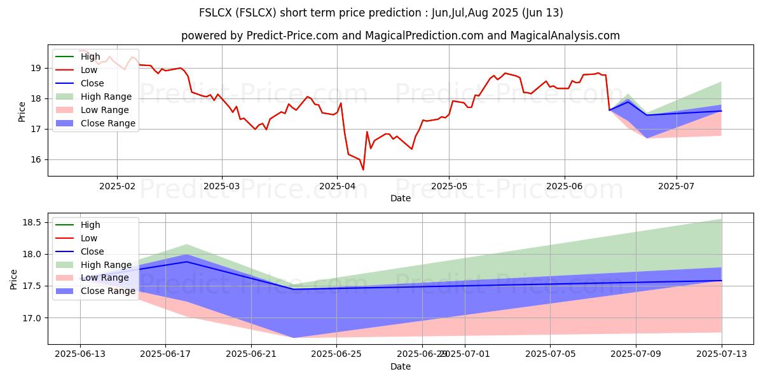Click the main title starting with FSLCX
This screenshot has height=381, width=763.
coord(381,13)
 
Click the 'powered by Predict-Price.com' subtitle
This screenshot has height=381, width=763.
coord(401,36)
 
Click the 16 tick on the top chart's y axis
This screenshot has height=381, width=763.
coord(36,160)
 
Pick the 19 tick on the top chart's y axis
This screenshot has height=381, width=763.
coord(36,69)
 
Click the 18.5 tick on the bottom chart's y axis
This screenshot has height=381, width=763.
coord(32,223)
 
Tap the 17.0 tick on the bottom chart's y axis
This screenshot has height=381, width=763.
coord(32,318)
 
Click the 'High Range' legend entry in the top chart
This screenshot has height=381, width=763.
coord(106,97)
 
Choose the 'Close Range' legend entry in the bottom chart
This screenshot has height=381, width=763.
coord(108,291)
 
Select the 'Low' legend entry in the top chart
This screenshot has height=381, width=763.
coord(89,70)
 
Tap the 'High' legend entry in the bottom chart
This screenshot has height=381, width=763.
coord(90,225)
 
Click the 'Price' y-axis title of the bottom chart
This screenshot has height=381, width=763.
coord(13,279)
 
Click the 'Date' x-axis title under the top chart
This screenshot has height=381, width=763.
coord(401,198)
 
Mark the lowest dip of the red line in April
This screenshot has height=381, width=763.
coord(363,170)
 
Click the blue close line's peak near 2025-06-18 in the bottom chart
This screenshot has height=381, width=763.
coord(187,262)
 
